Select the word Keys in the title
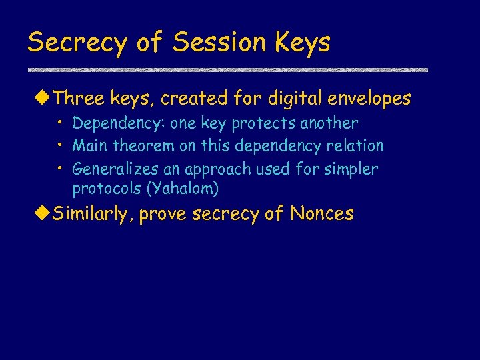pyautogui.click(x=301, y=43)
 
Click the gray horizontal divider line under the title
pyautogui.click(x=227, y=69)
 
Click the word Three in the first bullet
pyautogui.click(x=76, y=99)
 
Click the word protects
pyautogui.click(x=264, y=124)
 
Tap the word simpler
pyautogui.click(x=352, y=169)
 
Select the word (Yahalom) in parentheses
pyautogui.click(x=182, y=189)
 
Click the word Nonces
pyautogui.click(x=321, y=213)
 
